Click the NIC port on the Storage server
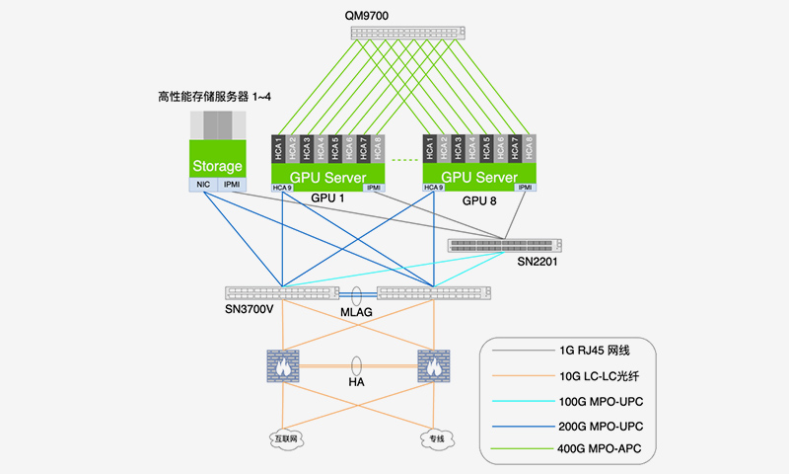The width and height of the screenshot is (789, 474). pyautogui.click(x=203, y=185)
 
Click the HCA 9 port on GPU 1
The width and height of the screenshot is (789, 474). pyautogui.click(x=283, y=188)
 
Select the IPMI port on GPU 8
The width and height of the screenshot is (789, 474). pyautogui.click(x=526, y=188)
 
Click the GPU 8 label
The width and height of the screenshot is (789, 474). pyautogui.click(x=478, y=200)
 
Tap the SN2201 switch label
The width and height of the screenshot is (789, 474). pyautogui.click(x=538, y=261)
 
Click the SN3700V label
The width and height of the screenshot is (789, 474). pyautogui.click(x=251, y=309)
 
